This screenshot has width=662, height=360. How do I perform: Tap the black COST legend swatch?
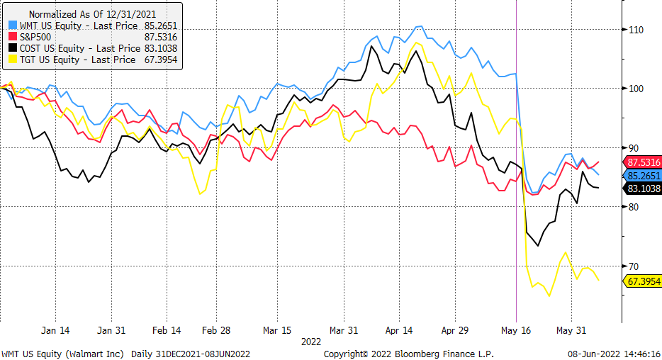point(12,48)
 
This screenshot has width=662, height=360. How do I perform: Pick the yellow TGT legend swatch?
point(12,60)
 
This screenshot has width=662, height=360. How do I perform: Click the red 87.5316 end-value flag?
point(643,162)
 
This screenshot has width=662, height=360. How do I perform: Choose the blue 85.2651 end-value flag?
point(643,175)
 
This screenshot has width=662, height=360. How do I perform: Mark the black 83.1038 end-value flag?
point(643,189)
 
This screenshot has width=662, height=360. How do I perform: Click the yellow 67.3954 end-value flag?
point(643,281)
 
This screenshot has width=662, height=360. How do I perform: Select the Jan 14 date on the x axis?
point(55,330)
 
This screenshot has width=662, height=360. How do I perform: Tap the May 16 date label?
point(515,330)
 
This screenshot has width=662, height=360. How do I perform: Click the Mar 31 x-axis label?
point(344,330)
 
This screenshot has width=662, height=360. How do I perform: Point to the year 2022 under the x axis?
point(310,341)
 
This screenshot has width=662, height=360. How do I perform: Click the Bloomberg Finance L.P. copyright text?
point(408,354)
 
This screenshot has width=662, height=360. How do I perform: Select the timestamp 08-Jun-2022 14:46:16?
point(614,354)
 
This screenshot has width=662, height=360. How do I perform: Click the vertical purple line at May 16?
point(516,213)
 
